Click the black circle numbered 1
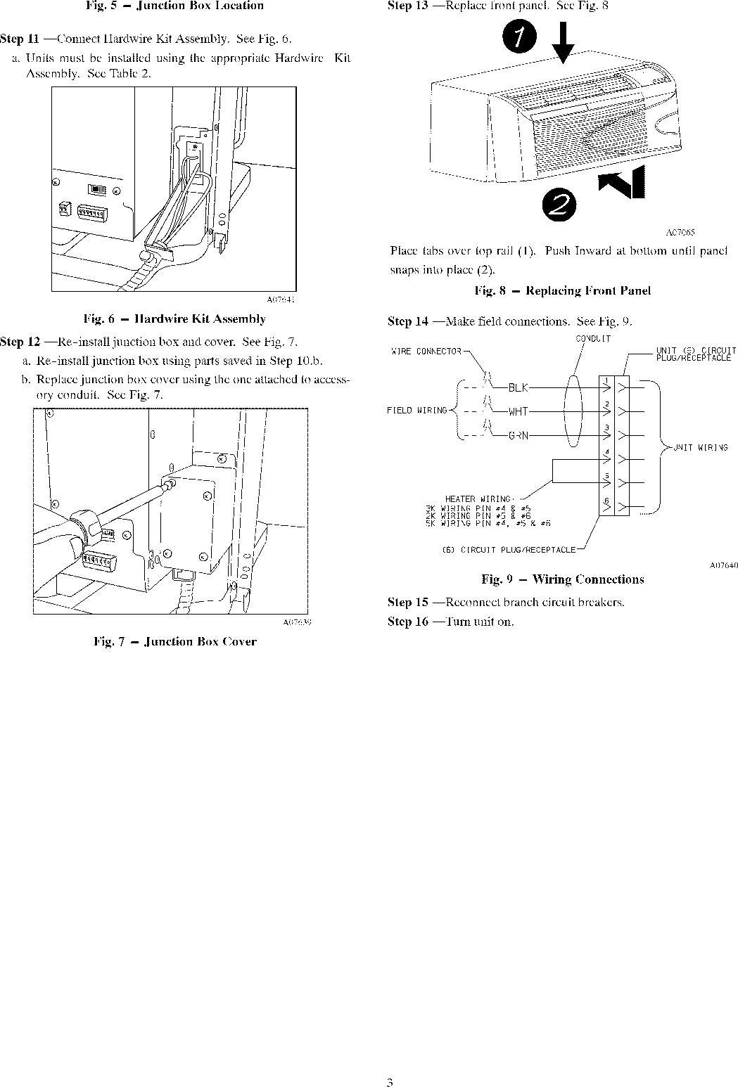[518, 39]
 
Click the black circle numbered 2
[559, 203]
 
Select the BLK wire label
[518, 387]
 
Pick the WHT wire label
[518, 411]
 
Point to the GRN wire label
[518, 435]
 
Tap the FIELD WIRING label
[416, 411]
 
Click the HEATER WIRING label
[478, 499]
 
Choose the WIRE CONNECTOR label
[426, 352]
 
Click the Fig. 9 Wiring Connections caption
[562, 579]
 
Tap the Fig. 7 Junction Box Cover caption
[174, 641]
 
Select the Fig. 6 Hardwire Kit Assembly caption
[174, 319]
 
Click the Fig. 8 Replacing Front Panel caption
[562, 290]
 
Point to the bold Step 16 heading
[408, 622]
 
